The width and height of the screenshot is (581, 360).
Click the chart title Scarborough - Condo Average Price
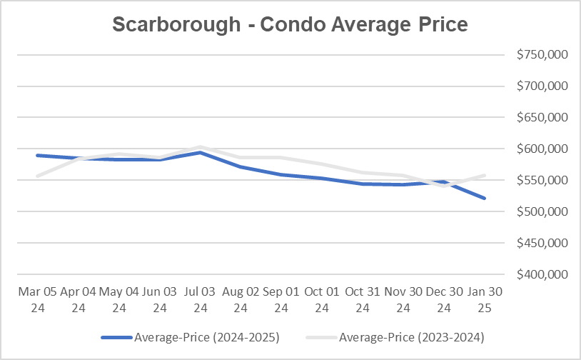click(x=290, y=24)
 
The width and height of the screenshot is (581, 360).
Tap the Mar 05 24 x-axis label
click(x=37, y=299)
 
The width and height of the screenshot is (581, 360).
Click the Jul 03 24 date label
click(x=201, y=299)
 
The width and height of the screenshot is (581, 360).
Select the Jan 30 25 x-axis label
click(x=485, y=299)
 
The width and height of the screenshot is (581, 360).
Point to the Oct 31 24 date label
click(x=363, y=299)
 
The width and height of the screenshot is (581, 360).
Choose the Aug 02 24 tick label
click(x=241, y=299)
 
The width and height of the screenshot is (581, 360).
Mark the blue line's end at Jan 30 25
click(x=485, y=199)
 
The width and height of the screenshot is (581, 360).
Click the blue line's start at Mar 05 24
click(x=37, y=155)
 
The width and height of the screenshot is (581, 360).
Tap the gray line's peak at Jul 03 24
click(x=201, y=147)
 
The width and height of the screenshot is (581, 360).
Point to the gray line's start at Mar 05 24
click(x=37, y=176)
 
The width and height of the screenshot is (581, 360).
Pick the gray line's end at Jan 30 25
click(x=485, y=175)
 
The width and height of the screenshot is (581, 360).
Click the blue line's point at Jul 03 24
click(x=201, y=152)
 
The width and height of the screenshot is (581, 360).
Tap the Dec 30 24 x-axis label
click(x=444, y=299)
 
